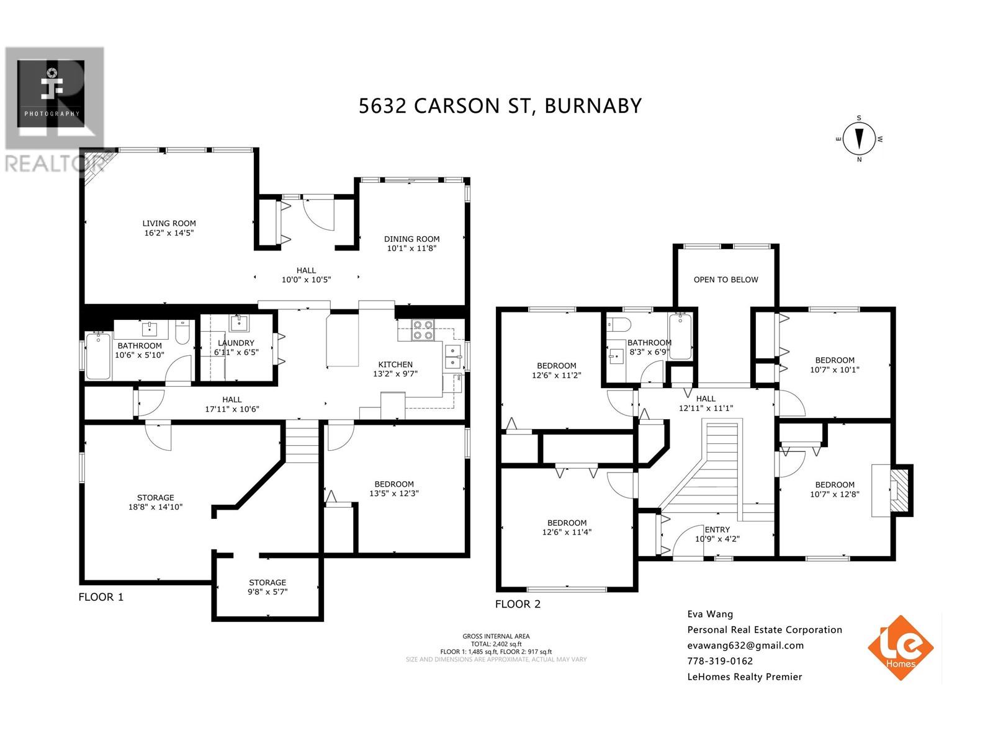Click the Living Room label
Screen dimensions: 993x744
point(169,223)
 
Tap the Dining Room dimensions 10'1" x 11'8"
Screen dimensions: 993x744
point(411,248)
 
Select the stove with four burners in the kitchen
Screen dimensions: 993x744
point(423,330)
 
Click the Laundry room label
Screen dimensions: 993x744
point(236,343)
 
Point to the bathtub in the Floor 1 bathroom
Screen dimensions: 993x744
point(98,356)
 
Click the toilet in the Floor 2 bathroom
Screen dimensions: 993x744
point(619,324)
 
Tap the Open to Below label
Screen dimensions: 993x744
point(726,280)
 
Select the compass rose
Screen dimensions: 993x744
point(859,139)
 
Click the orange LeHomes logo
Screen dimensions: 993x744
point(901,648)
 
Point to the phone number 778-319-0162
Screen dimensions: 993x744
point(720,661)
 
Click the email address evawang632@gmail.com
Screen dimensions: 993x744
point(745,645)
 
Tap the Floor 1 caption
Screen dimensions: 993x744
point(101,596)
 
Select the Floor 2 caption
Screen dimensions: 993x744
point(518,604)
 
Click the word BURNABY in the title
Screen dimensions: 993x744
point(593,105)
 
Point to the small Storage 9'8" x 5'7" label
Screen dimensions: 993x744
point(267,587)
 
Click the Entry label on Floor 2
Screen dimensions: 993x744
point(717,529)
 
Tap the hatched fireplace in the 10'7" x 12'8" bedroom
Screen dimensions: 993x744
point(900,490)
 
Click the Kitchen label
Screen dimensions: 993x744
point(395,364)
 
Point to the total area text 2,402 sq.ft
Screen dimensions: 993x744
point(496,644)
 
